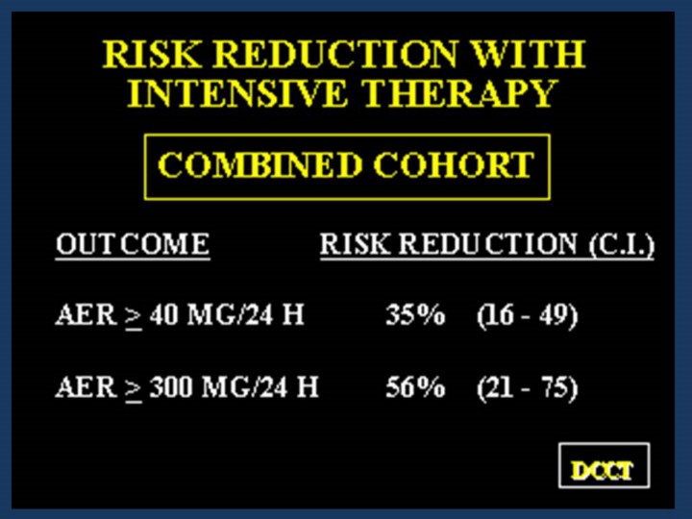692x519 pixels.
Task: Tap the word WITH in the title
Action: (x=529, y=54)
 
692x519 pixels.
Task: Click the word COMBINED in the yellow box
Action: (x=259, y=165)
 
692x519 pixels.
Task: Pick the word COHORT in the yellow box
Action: (x=454, y=165)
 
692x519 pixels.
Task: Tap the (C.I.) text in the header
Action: (x=622, y=244)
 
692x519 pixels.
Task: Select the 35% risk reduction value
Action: (x=415, y=315)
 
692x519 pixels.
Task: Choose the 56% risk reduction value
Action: (x=415, y=387)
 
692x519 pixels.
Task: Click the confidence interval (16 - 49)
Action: (x=528, y=316)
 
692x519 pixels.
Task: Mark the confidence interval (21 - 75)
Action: (x=528, y=388)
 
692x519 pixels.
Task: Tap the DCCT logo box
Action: (x=604, y=465)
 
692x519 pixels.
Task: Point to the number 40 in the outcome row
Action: (x=163, y=315)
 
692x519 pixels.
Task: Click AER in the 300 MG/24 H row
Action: (x=86, y=387)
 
